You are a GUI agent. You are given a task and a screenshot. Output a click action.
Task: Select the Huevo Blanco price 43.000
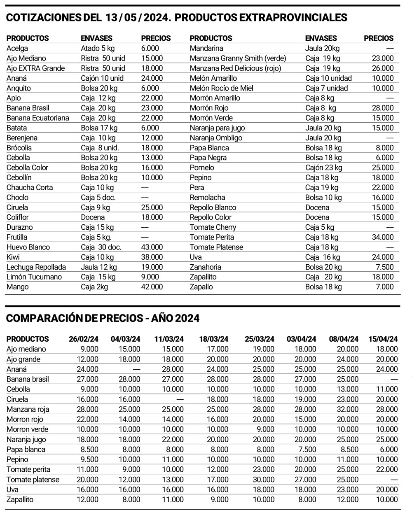click(x=152, y=247)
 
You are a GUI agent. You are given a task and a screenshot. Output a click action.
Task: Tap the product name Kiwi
click(x=13, y=257)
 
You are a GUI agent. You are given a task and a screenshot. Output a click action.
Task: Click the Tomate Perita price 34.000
click(x=383, y=237)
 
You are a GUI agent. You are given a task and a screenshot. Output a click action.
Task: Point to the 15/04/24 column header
click(x=383, y=339)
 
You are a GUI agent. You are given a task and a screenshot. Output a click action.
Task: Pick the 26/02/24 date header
click(x=84, y=339)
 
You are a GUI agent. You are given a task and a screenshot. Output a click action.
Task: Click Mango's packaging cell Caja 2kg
click(x=94, y=287)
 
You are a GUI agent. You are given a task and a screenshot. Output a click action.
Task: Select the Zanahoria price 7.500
click(x=385, y=267)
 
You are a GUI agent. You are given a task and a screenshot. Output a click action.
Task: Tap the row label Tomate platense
click(x=33, y=480)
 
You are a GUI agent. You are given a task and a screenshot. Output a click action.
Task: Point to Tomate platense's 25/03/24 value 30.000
click(x=260, y=480)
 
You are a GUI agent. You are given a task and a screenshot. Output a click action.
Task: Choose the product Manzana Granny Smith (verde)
click(x=238, y=58)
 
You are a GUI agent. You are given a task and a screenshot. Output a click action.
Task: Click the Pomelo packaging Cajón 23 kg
click(x=324, y=168)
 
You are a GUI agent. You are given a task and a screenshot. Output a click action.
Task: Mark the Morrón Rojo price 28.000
click(x=383, y=108)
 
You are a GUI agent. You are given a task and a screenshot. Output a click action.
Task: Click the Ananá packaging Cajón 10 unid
click(x=102, y=78)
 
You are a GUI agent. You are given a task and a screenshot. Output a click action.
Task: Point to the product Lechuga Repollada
click(x=36, y=267)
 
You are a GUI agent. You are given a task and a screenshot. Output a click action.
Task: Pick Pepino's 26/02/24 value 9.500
click(x=87, y=459)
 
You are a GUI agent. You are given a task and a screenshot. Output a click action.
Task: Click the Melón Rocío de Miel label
click(x=222, y=88)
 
